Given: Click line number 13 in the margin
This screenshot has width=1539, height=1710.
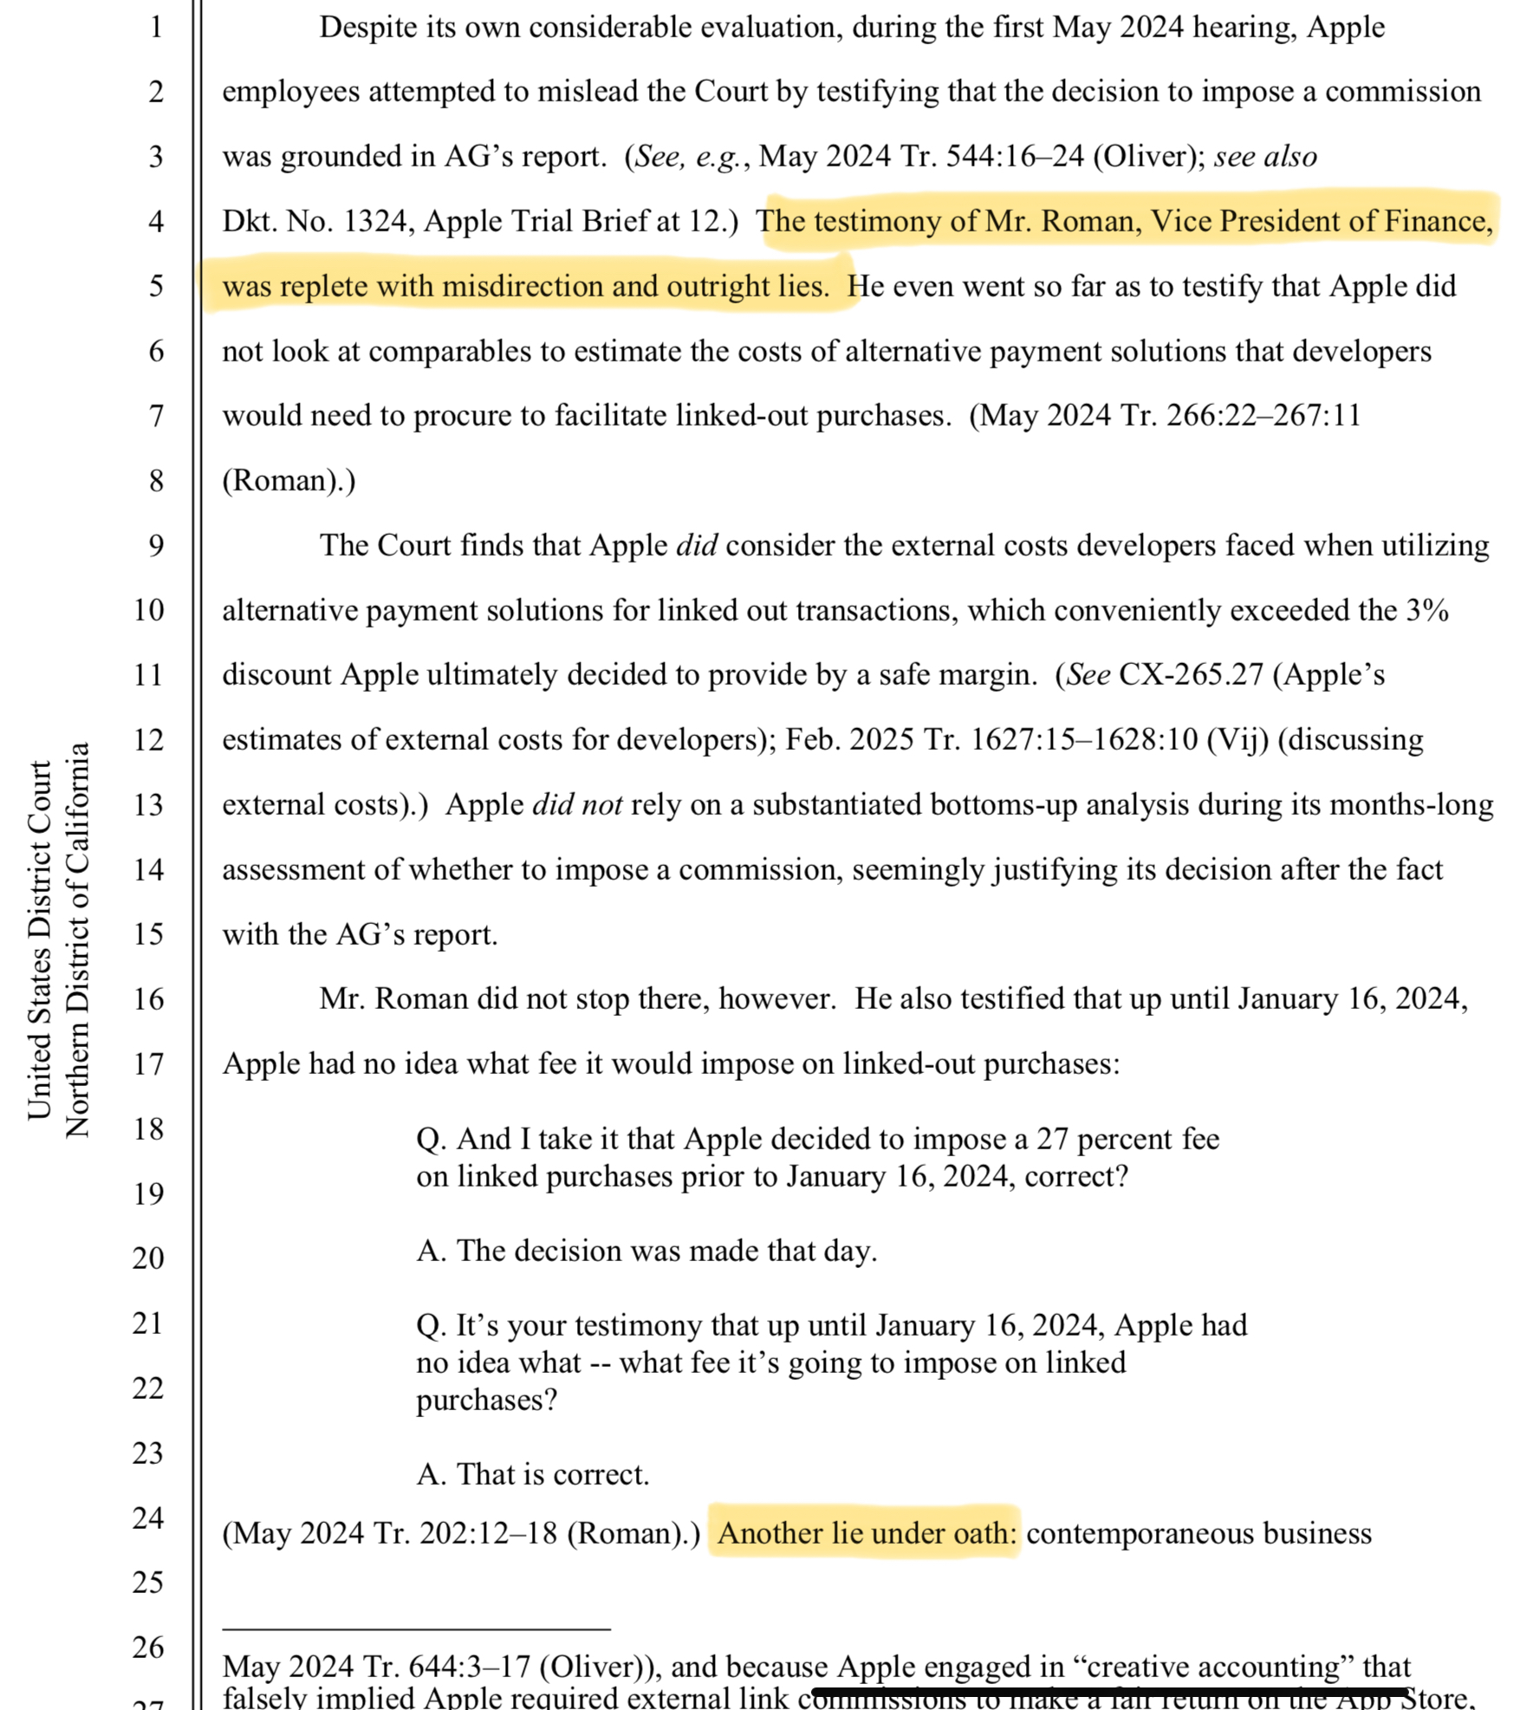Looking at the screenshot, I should [x=148, y=804].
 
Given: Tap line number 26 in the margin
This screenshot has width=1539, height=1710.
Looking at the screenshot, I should [x=148, y=1647].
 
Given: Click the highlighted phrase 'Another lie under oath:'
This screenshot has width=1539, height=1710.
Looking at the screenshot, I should [x=866, y=1532].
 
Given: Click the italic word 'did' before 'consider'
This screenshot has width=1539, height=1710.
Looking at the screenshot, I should [x=696, y=545].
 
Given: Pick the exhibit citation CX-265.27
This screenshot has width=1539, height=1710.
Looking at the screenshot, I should [x=1191, y=674].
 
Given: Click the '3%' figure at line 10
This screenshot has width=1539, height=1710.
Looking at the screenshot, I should [x=1427, y=610].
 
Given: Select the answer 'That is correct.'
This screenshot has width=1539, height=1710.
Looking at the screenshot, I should [x=533, y=1474].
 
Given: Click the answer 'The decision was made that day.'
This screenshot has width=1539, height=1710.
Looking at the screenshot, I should [x=646, y=1251].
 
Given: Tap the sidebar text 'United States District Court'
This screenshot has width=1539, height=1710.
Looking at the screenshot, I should [x=40, y=940].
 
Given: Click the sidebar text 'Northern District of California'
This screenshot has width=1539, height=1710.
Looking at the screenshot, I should [x=78, y=940].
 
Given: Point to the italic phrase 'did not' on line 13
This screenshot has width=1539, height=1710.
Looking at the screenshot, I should [x=576, y=804].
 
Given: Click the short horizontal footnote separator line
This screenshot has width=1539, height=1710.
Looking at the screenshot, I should [x=416, y=1629].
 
